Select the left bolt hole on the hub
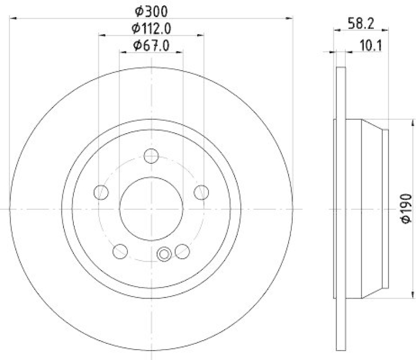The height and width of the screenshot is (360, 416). coord(101,192)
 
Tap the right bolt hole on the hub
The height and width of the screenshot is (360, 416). coord(201,192)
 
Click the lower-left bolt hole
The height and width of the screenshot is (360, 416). coord(120,251)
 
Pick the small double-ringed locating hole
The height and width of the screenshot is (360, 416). coord(164,254)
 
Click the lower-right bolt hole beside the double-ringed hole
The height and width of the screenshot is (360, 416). coord(182,251)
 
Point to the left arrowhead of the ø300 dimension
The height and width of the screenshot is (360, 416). coord(13,18)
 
